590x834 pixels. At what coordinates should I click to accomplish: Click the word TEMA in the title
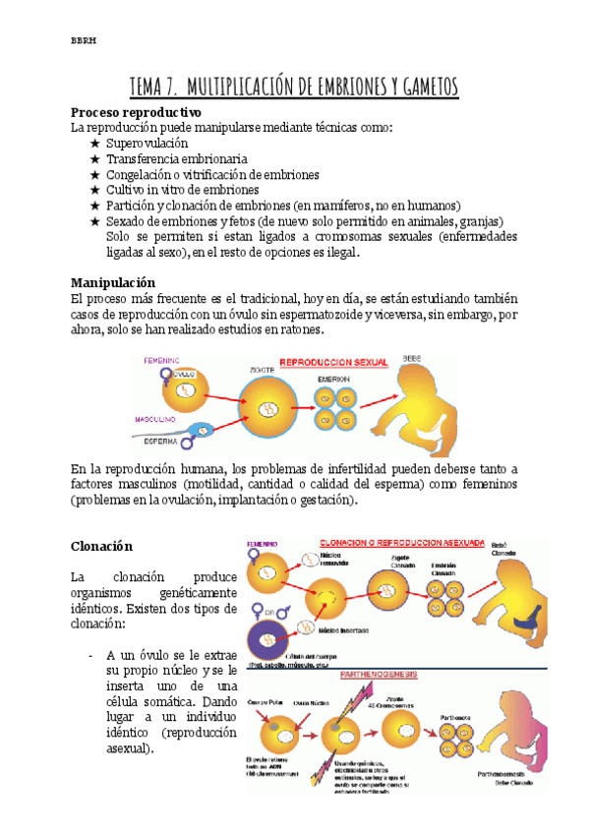point(151,87)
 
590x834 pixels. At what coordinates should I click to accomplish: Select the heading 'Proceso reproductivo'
point(136,112)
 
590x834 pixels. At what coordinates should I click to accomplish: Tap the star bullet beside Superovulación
point(94,144)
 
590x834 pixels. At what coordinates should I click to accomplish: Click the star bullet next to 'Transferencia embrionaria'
point(94,159)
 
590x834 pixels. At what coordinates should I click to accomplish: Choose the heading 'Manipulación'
point(114,281)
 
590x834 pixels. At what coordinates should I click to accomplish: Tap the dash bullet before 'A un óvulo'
point(90,655)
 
